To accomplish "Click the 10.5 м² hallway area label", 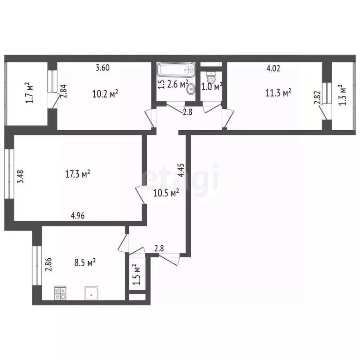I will (167, 193).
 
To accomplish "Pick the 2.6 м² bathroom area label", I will (178, 84).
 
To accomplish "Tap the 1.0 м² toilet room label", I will (211, 86).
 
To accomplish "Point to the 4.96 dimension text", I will (77, 216).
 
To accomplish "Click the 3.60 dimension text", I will (103, 68).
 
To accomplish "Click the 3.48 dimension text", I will (20, 176).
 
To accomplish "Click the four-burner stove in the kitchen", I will (60, 293).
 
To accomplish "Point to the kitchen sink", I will (91, 293).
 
